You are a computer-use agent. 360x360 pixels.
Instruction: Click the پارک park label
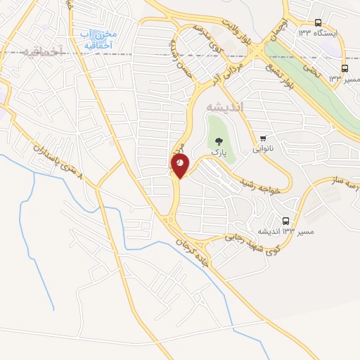pyautogui.click(x=220, y=152)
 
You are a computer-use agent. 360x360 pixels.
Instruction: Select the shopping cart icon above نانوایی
pyautogui.click(x=263, y=139)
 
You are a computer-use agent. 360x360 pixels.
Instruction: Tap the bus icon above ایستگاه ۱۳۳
pyautogui.click(x=318, y=22)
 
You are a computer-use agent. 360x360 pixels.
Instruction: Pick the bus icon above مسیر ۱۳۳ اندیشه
pyautogui.click(x=285, y=221)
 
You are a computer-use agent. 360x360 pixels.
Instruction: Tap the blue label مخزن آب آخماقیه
pyautogui.click(x=98, y=40)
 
